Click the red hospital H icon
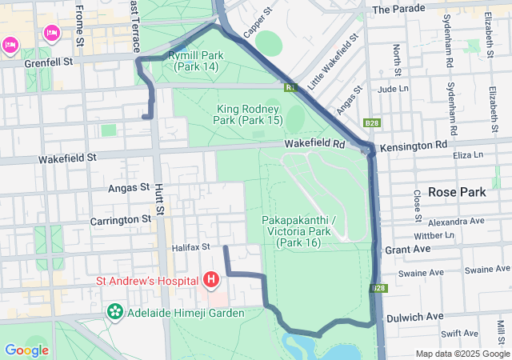pyautogui.click(x=211, y=279)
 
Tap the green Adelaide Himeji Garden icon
pyautogui.click(x=114, y=311)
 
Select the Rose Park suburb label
pyautogui.click(x=456, y=192)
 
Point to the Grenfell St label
pyautogui.click(x=48, y=61)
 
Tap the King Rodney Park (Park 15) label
pyautogui.click(x=248, y=114)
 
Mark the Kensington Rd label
pyautogui.click(x=414, y=146)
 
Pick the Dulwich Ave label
pyautogui.click(x=414, y=317)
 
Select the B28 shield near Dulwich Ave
pyautogui.click(x=378, y=288)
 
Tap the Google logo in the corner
pyautogui.click(x=26, y=350)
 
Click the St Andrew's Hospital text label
pyautogui.click(x=148, y=280)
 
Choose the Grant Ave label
pyautogui.click(x=408, y=250)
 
